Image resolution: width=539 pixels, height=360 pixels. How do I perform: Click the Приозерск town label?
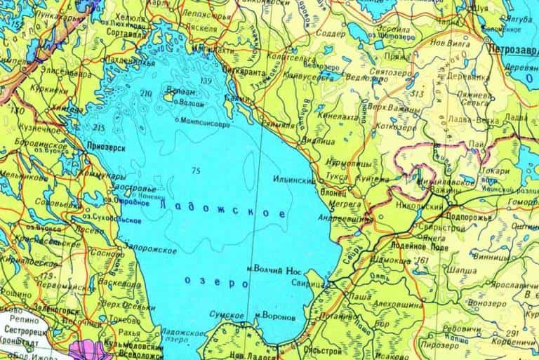coord(107,147)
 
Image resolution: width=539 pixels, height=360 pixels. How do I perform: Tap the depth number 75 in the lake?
coord(195,171)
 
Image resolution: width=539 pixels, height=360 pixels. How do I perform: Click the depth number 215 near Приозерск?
coord(98,128)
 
